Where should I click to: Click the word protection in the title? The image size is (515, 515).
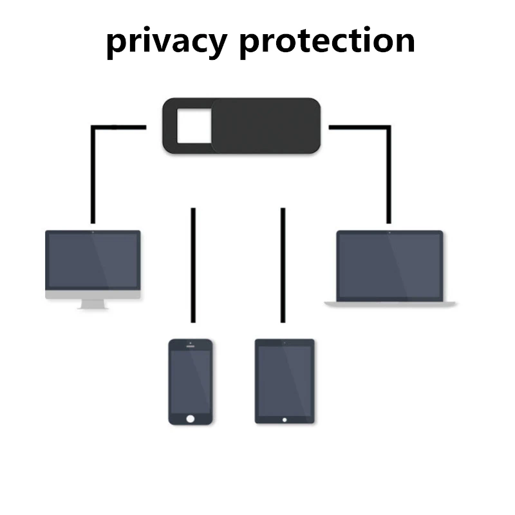tap(326, 41)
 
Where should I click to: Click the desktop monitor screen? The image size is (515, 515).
tap(93, 261)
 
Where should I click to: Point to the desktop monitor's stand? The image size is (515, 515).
tap(93, 304)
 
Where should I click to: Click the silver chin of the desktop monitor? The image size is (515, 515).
tap(93, 295)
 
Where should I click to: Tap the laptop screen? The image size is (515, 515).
tap(389, 265)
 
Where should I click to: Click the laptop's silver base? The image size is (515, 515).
tap(389, 303)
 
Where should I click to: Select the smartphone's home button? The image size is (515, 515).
tap(190, 418)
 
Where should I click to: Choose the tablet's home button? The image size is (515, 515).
tap(285, 419)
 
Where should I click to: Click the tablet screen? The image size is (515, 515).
tap(285, 380)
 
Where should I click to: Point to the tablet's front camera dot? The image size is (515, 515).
tap(285, 342)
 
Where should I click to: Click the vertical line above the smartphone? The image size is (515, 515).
tap(193, 264)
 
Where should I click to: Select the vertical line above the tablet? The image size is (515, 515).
tap(283, 264)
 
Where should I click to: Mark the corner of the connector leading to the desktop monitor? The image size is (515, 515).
tap(94, 127)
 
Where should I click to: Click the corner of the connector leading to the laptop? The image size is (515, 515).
tap(388, 127)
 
